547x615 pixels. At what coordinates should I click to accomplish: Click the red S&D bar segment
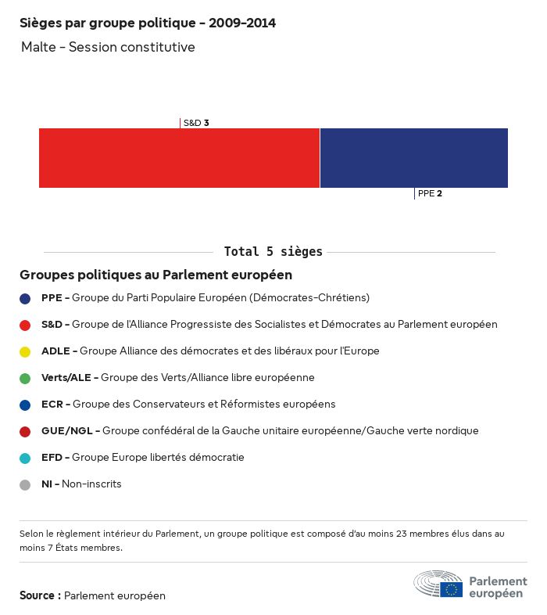(x=179, y=158)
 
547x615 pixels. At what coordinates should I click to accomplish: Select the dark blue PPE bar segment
(x=413, y=158)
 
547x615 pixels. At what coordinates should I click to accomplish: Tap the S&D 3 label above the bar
(x=195, y=123)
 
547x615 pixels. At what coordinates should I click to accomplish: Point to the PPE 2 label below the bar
(x=430, y=193)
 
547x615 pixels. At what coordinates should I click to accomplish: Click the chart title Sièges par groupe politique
(x=147, y=23)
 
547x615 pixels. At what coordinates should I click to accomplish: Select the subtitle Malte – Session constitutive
(x=108, y=48)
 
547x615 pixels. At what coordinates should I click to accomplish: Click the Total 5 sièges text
(x=273, y=252)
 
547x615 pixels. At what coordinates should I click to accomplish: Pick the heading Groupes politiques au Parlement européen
(x=156, y=275)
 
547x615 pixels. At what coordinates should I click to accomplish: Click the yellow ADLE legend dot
(x=25, y=351)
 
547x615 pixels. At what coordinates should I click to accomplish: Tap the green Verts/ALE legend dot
(x=25, y=378)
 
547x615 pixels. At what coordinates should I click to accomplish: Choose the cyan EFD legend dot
(x=25, y=458)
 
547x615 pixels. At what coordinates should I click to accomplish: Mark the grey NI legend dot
(x=25, y=484)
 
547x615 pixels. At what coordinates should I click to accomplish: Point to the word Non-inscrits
(x=91, y=484)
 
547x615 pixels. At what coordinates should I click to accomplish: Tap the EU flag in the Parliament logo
(x=451, y=589)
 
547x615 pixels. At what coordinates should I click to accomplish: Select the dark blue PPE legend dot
(x=25, y=298)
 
